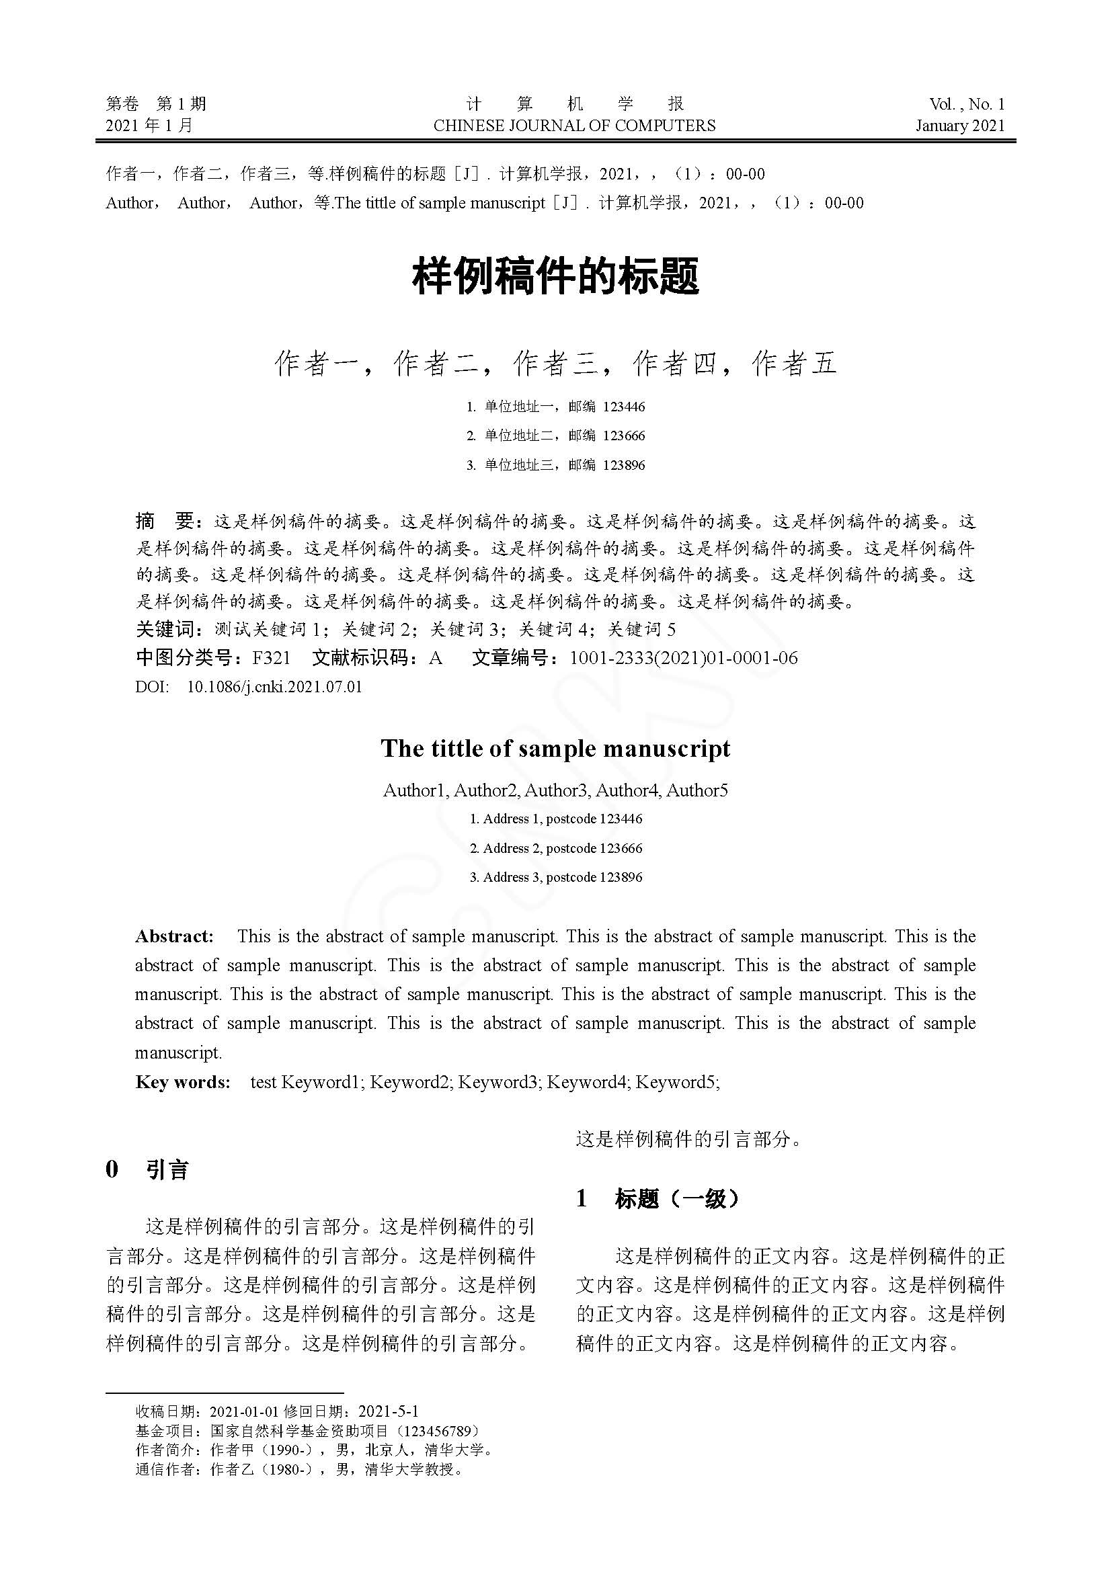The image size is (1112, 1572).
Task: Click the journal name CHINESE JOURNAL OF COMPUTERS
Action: point(573,126)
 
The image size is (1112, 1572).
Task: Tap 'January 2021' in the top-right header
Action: point(960,126)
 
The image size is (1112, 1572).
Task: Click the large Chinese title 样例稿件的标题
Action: point(555,278)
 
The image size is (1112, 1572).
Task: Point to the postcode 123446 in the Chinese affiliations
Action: point(624,407)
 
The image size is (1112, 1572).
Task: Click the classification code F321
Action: point(272,658)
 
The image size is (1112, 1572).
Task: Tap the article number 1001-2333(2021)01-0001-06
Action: point(683,658)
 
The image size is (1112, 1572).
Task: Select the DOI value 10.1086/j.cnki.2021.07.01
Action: point(274,687)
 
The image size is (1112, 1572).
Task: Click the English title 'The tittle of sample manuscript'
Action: point(555,748)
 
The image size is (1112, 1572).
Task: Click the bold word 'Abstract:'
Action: point(175,937)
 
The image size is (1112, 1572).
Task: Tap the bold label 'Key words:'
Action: point(182,1083)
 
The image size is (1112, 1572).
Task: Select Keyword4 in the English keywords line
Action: point(587,1083)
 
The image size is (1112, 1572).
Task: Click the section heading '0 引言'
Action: point(147,1169)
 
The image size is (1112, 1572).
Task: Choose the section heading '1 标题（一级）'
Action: point(659,1199)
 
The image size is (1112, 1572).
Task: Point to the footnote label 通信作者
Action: point(164,1469)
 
